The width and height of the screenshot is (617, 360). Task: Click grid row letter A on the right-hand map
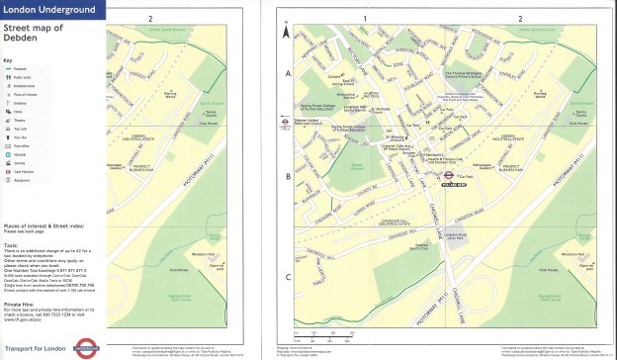(288, 73)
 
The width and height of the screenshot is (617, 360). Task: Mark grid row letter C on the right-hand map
(288, 278)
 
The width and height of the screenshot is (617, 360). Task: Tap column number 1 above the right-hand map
(364, 19)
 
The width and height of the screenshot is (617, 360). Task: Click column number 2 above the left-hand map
(149, 19)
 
